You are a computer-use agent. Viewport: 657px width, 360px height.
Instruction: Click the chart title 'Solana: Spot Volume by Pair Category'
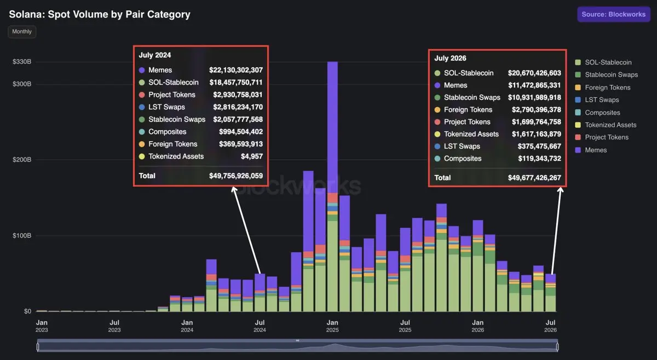point(100,14)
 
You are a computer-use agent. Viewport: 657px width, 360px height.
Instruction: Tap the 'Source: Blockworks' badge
point(614,14)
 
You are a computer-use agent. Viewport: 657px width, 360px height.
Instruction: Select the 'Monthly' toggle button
point(22,32)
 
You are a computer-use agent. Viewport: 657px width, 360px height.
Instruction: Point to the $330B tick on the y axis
point(22,62)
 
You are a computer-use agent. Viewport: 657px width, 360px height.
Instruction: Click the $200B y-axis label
point(22,159)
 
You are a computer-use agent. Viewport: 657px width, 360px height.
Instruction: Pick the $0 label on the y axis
point(27,311)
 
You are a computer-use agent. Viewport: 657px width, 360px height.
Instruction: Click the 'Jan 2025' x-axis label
point(332,326)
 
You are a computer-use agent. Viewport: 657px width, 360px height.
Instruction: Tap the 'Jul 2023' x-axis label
point(114,326)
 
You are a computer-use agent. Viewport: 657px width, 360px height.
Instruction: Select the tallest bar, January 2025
point(332,187)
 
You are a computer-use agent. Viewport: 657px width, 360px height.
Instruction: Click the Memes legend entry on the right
point(591,150)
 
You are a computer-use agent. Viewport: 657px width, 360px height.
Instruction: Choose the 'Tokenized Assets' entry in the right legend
point(606,125)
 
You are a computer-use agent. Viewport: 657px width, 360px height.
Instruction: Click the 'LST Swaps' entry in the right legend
point(597,100)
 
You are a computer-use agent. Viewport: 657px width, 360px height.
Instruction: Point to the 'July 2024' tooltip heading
point(155,55)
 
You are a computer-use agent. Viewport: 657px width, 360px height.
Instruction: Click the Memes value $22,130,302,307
point(236,70)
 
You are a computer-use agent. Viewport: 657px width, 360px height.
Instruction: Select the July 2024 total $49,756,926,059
point(236,176)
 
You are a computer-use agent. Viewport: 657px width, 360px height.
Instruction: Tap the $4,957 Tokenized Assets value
point(252,156)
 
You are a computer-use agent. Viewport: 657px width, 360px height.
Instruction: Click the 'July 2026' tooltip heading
point(450,58)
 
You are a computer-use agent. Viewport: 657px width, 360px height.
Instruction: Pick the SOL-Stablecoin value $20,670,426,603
point(534,73)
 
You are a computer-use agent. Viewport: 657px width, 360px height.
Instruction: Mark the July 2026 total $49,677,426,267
point(534,178)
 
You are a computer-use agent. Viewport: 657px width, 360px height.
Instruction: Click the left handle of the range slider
point(38,347)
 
